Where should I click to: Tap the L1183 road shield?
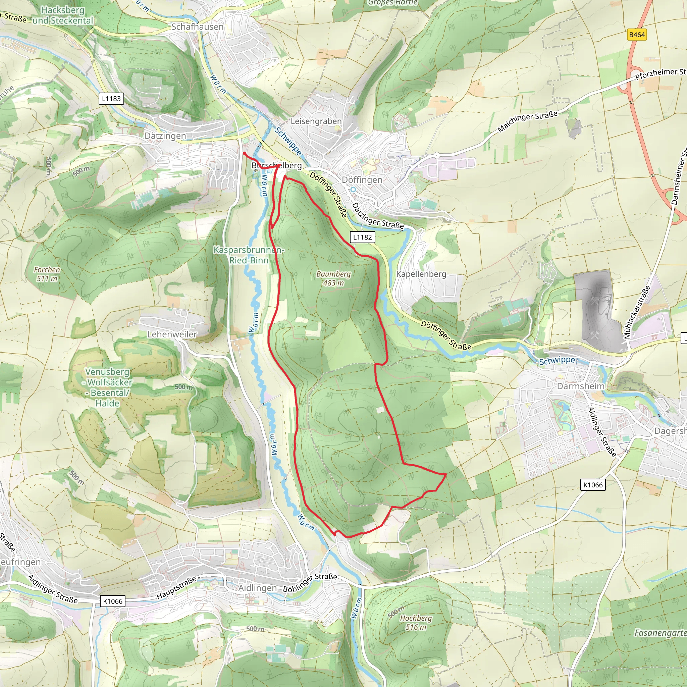click(111, 99)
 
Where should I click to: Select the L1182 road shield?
click(362, 237)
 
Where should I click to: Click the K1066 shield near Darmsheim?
click(593, 485)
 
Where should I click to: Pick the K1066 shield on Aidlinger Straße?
click(113, 601)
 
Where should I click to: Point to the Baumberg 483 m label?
click(333, 278)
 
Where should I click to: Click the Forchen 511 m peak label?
click(47, 274)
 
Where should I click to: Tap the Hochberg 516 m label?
click(416, 623)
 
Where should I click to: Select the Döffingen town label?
click(362, 180)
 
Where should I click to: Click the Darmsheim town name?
click(581, 386)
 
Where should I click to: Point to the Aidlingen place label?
click(257, 588)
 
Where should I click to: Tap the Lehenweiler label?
click(172, 334)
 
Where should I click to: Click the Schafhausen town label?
click(197, 27)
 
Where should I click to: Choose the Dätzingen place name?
click(165, 136)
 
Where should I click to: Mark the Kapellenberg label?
click(421, 274)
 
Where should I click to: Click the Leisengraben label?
click(316, 121)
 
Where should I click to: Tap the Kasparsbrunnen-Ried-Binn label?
click(249, 255)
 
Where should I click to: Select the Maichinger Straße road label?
click(527, 122)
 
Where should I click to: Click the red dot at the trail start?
click(245, 154)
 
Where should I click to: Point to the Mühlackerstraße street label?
click(636, 312)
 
